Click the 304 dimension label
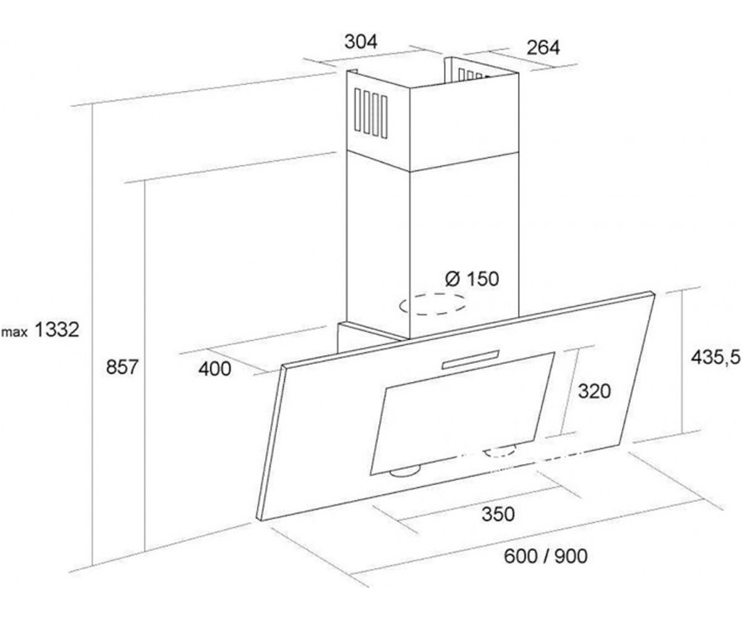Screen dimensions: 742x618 pyautogui.click(x=360, y=42)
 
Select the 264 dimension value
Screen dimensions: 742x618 pyautogui.click(x=543, y=48)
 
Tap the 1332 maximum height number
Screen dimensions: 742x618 pyautogui.click(x=57, y=330)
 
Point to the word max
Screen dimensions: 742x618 pyautogui.click(x=15, y=332)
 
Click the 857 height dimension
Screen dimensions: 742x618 pyautogui.click(x=122, y=367)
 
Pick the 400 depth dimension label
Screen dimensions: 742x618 pyautogui.click(x=215, y=369)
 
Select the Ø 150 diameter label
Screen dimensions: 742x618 pyautogui.click(x=472, y=279)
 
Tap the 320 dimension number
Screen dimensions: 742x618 pyautogui.click(x=594, y=391)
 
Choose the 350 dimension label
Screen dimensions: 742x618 pyautogui.click(x=498, y=514)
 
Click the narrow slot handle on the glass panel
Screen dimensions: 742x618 pyautogui.click(x=471, y=360)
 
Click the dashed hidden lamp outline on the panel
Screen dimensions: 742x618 pyautogui.click(x=501, y=451)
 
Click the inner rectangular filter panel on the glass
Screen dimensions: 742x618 pyautogui.click(x=462, y=414)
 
